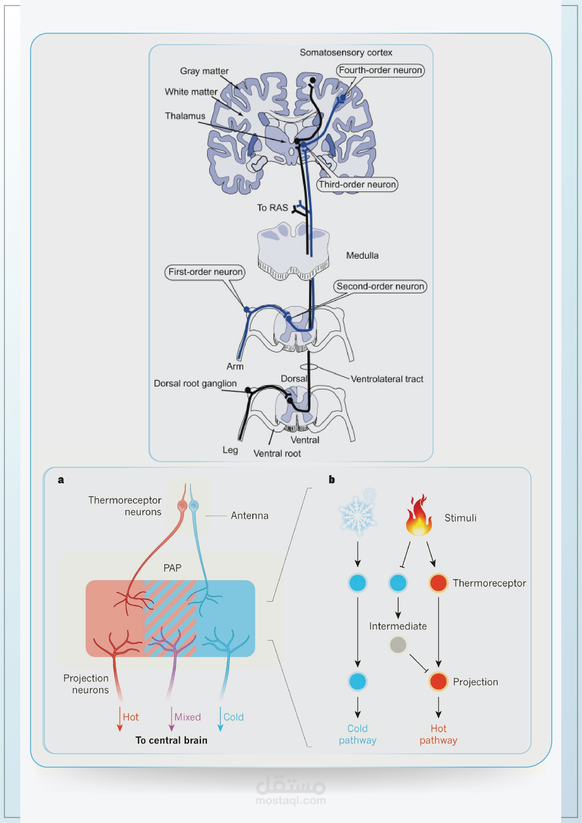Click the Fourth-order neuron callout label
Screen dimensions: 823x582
pos(380,70)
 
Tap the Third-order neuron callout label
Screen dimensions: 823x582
pos(357,185)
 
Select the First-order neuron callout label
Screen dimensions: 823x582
pos(205,272)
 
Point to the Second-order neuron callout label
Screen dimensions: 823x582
pos(380,286)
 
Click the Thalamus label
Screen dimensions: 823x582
pos(185,116)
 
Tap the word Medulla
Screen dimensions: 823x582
pos(362,256)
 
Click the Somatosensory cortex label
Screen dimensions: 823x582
pos(346,53)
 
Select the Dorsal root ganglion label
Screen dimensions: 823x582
pos(195,383)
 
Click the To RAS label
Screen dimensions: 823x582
pos(272,208)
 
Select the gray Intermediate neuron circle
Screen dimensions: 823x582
pos(398,645)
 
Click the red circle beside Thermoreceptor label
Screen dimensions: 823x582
pos(438,583)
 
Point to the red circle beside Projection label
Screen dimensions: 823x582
pos(438,681)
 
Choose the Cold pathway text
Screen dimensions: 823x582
pos(357,734)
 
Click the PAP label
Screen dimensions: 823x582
pos(172,568)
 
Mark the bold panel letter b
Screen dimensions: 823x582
pos(332,480)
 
